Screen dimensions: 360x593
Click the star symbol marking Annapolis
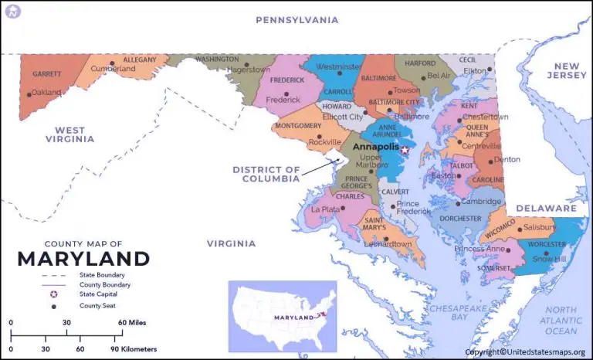[x=404, y=150]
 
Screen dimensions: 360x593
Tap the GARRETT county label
[x=46, y=74]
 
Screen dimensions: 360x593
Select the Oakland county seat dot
[x=29, y=94]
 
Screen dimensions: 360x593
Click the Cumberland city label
[x=114, y=69]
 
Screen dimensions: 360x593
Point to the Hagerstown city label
[x=249, y=70]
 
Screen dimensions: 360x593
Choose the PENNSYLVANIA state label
[x=297, y=20]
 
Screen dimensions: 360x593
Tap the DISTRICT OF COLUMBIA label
[x=266, y=174]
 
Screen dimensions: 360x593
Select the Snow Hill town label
[x=549, y=259]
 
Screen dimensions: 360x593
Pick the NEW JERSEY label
[x=568, y=71]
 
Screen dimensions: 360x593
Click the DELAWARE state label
[x=546, y=209]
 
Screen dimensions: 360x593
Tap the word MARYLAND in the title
[x=83, y=259]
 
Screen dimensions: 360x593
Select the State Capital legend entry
[x=99, y=294]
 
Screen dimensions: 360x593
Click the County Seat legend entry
[x=97, y=306]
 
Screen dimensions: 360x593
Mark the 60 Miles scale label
[x=132, y=322]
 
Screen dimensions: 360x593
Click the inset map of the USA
[x=282, y=315]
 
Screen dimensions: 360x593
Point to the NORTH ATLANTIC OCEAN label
[x=561, y=320]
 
